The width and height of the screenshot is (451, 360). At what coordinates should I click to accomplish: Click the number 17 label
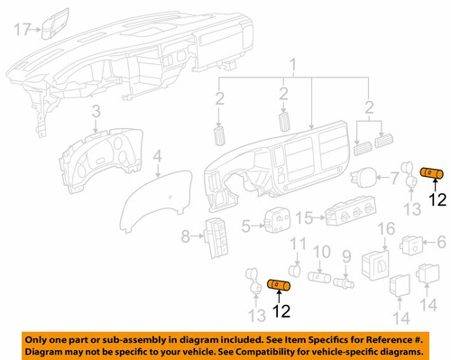point(23,30)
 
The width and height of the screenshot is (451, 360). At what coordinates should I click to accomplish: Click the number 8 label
point(186,237)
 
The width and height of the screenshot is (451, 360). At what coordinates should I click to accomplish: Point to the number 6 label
point(440,242)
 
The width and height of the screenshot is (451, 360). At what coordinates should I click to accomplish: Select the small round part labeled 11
point(294,267)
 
